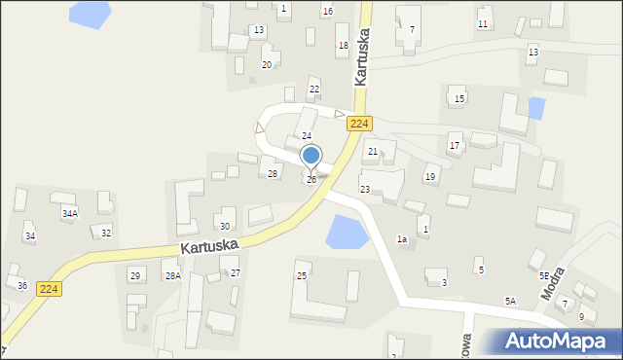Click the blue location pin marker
311,156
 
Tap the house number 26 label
311,180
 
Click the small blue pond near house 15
534,106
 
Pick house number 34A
70,213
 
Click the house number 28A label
172,276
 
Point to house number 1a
401,238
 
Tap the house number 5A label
510,302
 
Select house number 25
302,276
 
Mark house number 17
454,146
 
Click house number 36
22,285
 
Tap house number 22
313,90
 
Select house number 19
429,177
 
